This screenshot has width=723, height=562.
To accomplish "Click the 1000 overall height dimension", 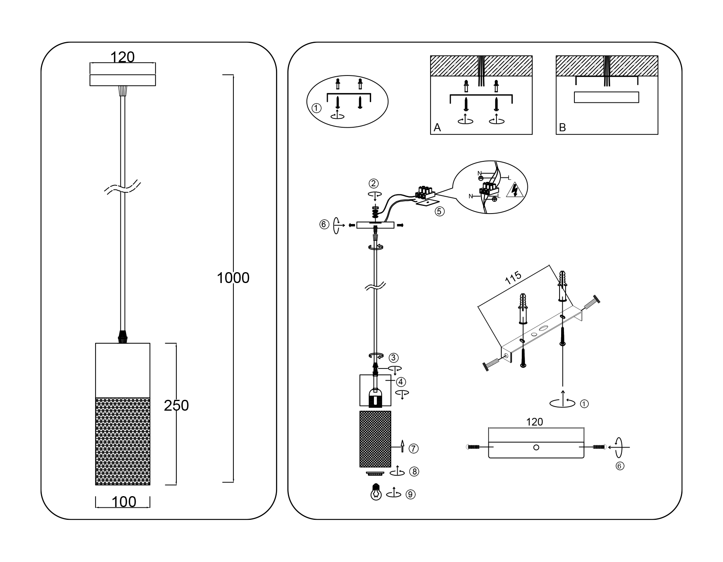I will pyautogui.click(x=233, y=278).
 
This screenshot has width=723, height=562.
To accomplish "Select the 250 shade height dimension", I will pyautogui.click(x=176, y=406).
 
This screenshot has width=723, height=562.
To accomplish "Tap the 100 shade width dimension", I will pyautogui.click(x=123, y=502).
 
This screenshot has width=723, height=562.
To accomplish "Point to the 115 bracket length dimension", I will pyautogui.click(x=513, y=278).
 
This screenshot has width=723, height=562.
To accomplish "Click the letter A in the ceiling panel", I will pyautogui.click(x=437, y=128).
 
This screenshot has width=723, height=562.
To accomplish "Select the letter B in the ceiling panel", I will pyautogui.click(x=562, y=128).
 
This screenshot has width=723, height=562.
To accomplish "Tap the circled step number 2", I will pyautogui.click(x=374, y=183).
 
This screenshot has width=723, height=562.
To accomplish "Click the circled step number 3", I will pyautogui.click(x=394, y=357).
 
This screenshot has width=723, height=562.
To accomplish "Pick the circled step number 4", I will pyautogui.click(x=400, y=382).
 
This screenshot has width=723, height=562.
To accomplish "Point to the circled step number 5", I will pyautogui.click(x=440, y=211).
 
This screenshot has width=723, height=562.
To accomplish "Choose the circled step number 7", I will pyautogui.click(x=414, y=448).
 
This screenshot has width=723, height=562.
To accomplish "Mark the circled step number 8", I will pyautogui.click(x=414, y=471).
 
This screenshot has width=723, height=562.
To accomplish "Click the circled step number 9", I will pyautogui.click(x=411, y=495).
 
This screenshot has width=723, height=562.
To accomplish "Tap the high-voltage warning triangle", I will pyautogui.click(x=514, y=190).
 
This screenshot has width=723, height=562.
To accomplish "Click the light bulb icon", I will pyautogui.click(x=376, y=492).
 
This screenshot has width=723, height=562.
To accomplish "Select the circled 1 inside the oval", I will pyautogui.click(x=317, y=108).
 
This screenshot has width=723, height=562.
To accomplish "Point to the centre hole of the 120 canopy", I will pyautogui.click(x=536, y=447).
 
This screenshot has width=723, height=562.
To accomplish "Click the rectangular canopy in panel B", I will pyautogui.click(x=607, y=97).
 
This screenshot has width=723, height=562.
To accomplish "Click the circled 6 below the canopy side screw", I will pyautogui.click(x=620, y=466).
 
